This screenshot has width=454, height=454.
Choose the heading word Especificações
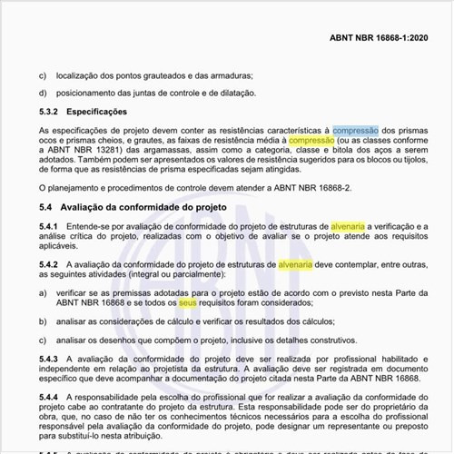(x=98, y=112)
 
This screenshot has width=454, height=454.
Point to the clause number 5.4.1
(x=49, y=224)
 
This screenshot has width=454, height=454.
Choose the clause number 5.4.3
(x=49, y=359)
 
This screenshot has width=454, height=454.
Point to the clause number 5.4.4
(x=49, y=398)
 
